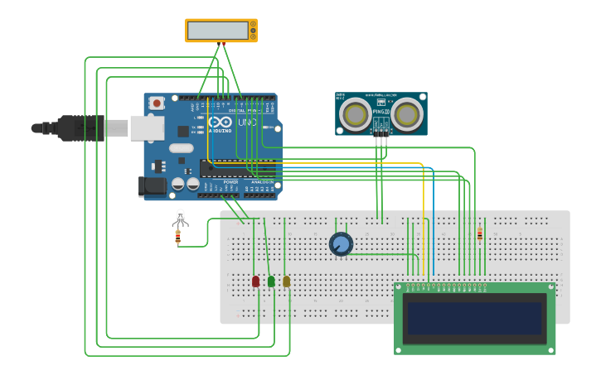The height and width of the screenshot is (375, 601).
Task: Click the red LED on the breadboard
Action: coord(255,281)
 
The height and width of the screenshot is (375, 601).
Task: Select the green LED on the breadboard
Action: coord(271,281)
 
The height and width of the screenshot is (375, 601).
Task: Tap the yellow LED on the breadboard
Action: coord(287,281)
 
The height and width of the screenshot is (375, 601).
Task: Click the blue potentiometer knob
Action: coord(341,244)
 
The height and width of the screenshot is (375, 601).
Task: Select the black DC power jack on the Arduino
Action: coord(153,185)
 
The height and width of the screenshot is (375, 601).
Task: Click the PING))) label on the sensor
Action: coord(381,111)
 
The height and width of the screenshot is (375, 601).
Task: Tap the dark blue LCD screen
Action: coord(474,318)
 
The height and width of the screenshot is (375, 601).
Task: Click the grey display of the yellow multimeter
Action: coord(218,31)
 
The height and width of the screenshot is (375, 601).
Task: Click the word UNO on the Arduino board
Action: coord(247,123)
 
